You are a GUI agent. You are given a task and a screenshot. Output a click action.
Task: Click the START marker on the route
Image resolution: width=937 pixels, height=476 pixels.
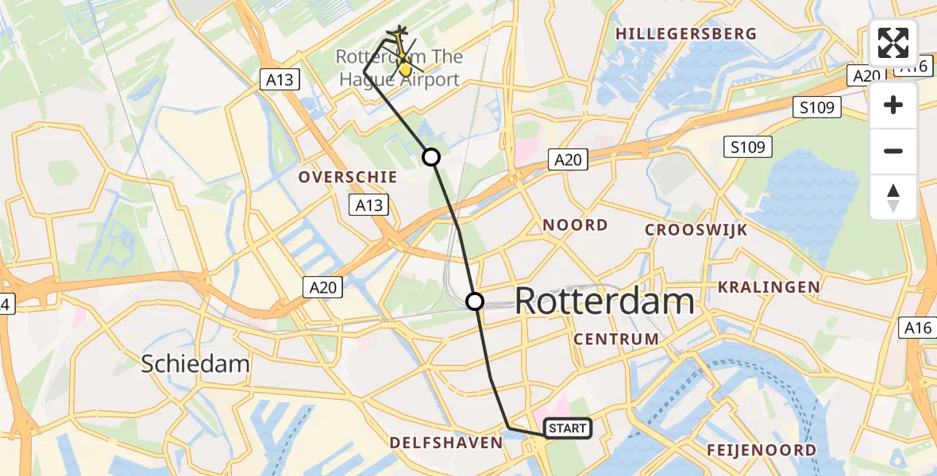point(568,428)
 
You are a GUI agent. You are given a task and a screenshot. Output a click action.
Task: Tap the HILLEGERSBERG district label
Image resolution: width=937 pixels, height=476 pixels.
point(686,34)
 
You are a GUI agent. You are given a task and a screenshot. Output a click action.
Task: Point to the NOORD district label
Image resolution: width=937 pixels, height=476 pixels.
point(576,225)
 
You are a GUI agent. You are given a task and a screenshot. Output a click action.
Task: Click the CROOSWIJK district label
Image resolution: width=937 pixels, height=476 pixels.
point(696,230)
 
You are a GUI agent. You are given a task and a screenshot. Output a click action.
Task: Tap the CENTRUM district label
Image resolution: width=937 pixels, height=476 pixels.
point(616,340)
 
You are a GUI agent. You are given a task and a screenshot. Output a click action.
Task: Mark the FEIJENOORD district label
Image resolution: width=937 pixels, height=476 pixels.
point(762,451)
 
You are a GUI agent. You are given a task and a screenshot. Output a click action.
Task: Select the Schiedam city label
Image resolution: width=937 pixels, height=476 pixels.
point(195,364)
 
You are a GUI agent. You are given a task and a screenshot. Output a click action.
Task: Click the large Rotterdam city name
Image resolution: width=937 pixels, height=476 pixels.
point(605,301)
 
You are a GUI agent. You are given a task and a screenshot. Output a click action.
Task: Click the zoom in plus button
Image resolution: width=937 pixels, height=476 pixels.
point(893,105)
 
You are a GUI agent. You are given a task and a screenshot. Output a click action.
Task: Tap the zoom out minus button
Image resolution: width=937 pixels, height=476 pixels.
point(893,151)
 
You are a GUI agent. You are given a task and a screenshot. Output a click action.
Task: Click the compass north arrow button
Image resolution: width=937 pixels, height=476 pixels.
point(893,198)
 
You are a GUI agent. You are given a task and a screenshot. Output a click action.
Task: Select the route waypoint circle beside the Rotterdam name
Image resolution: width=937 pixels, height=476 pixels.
point(474,301)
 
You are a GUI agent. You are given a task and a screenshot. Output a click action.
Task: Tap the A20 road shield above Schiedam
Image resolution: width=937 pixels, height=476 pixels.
point(322,287)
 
